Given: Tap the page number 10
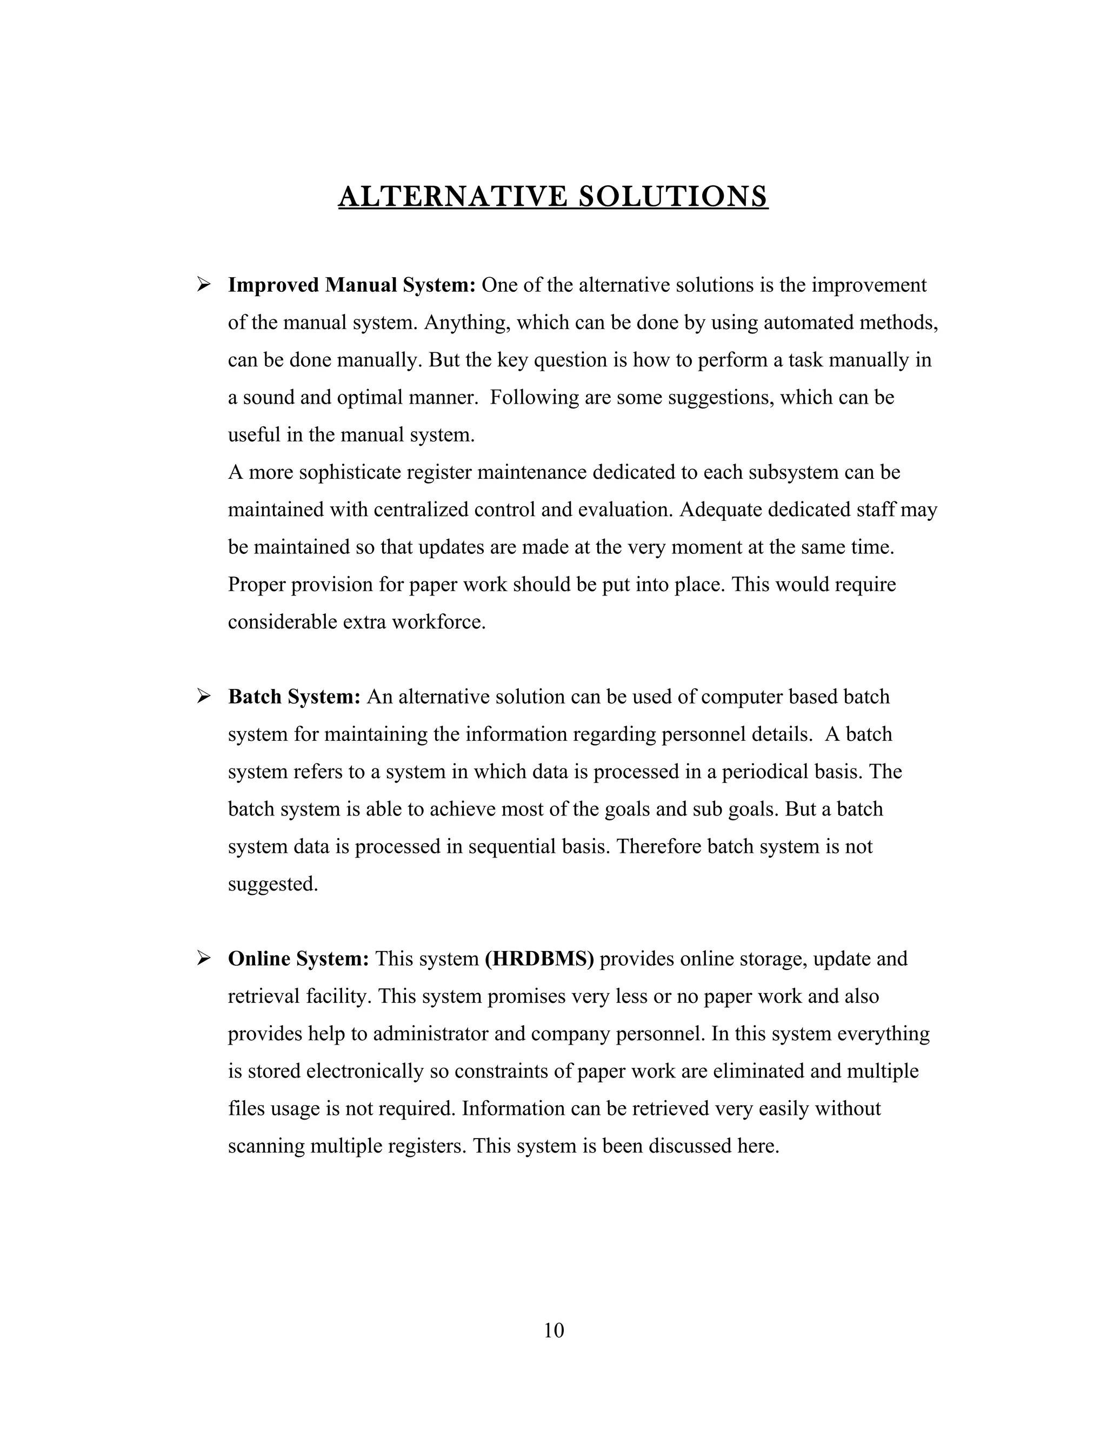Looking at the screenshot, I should [x=553, y=1330].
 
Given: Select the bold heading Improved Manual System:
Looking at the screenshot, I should [x=351, y=285].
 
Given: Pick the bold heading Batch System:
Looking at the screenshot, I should [x=295, y=697].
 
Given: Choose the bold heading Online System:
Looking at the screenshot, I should [x=298, y=959].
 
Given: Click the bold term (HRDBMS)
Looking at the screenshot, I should [x=539, y=959].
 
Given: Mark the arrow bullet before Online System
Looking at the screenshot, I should [x=203, y=958].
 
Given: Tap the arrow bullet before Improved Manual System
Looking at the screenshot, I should [x=203, y=285].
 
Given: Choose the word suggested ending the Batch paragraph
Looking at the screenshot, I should [x=272, y=885].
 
